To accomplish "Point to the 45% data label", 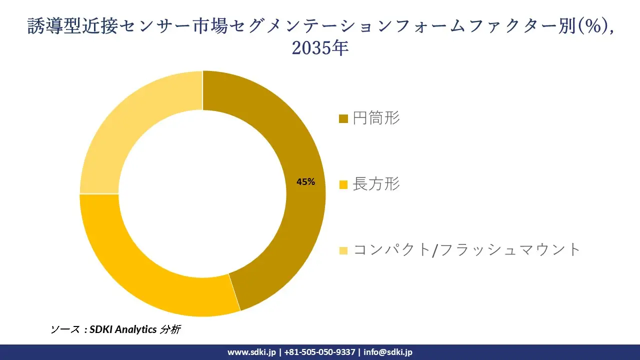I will click(305, 182).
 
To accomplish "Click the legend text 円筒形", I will click(376, 118).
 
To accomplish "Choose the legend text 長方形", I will click(376, 184).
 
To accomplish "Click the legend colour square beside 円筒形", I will click(343, 119).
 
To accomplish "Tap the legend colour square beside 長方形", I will click(343, 185).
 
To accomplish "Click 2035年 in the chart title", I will click(320, 48).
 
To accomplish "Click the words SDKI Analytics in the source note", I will click(123, 329).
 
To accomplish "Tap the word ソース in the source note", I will click(65, 329).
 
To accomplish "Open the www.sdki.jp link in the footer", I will click(251, 352).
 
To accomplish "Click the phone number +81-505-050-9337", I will click(319, 352).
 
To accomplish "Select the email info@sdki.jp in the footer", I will click(388, 352).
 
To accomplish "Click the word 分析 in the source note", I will click(170, 329).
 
